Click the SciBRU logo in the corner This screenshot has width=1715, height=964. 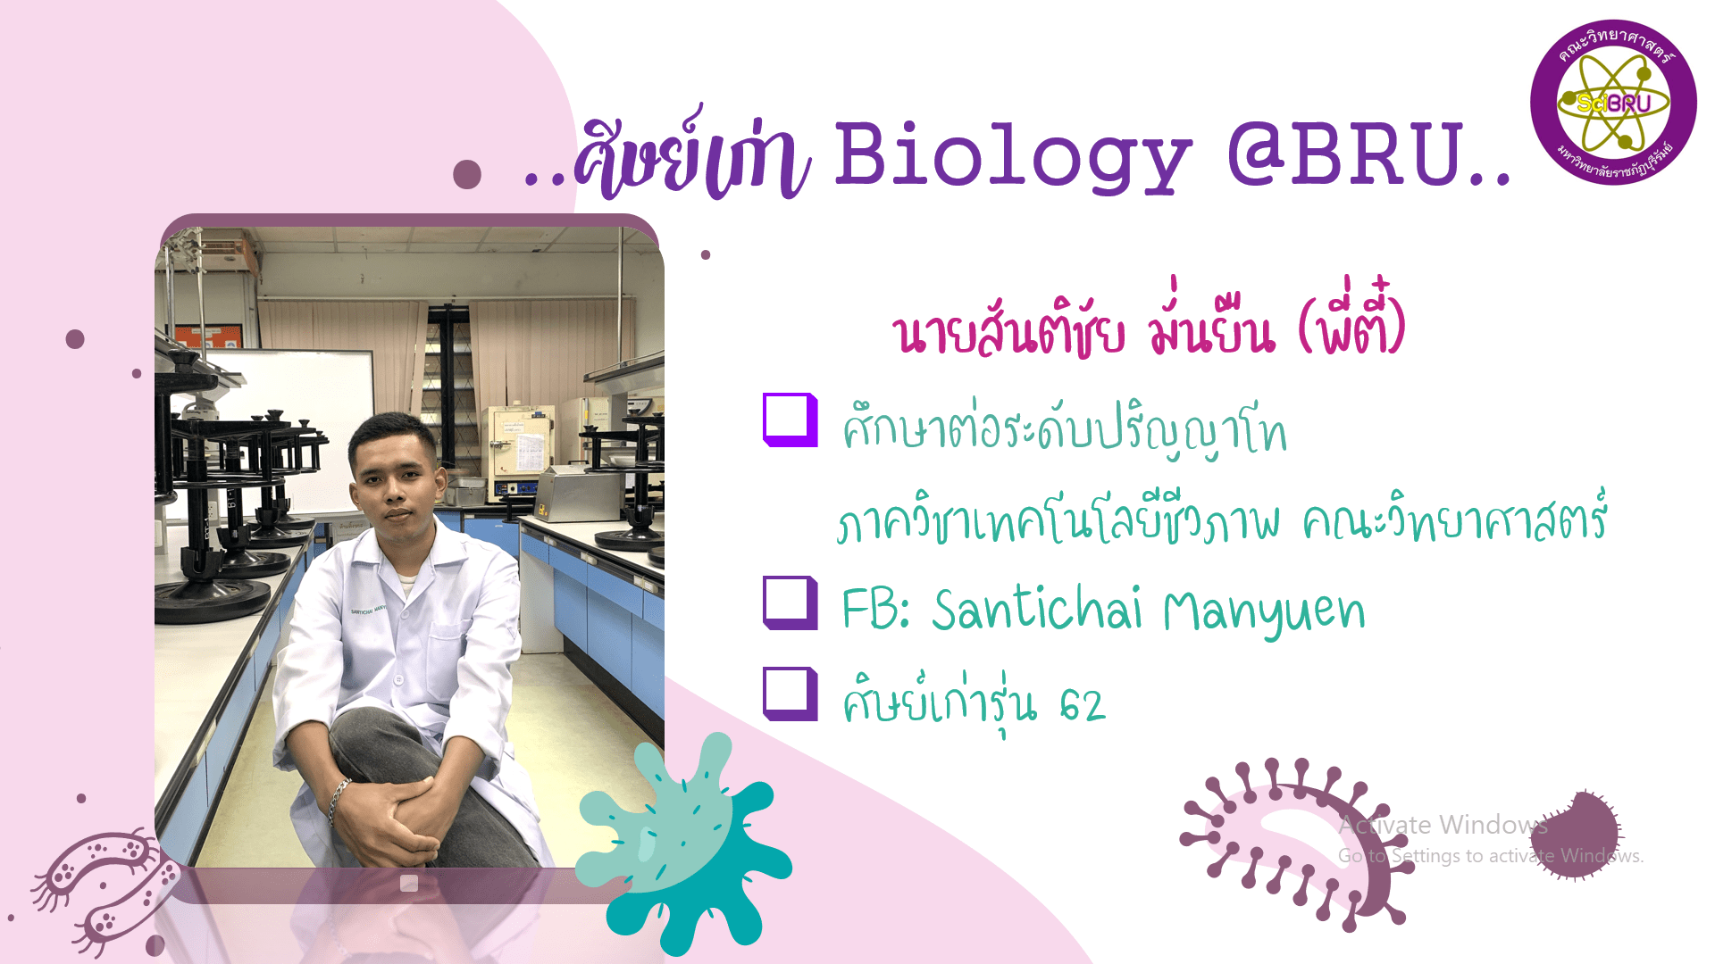coord(1613,102)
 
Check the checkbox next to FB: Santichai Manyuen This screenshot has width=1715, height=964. coord(790,603)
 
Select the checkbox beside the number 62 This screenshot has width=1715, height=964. coord(790,694)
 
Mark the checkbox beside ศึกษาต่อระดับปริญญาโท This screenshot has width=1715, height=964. coord(790,420)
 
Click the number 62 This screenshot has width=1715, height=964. coord(1082,705)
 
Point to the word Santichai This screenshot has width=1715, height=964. coord(1037,610)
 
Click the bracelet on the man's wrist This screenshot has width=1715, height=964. coord(338,800)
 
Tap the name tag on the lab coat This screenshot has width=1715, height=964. coord(367,610)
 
